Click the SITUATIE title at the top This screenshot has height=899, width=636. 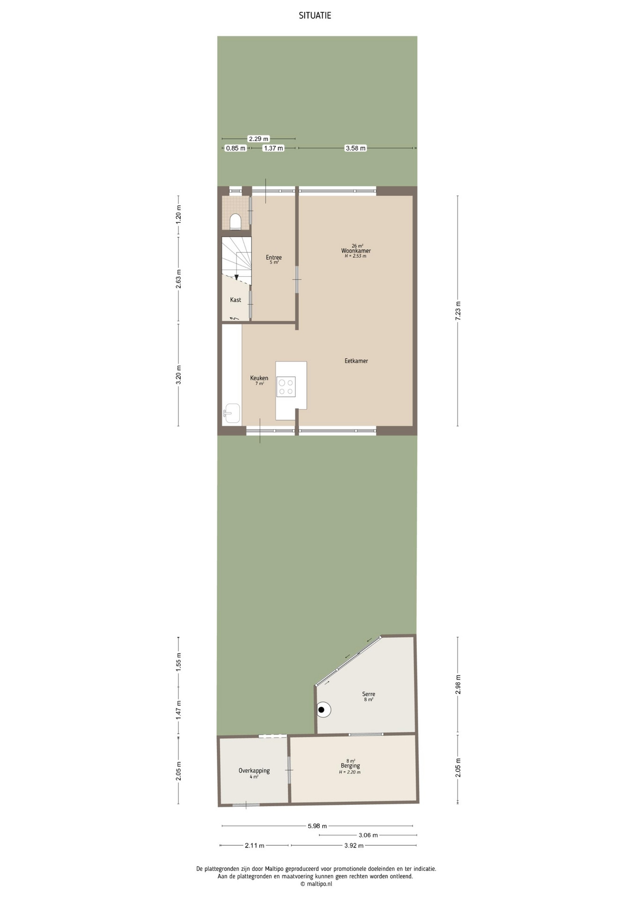pyautogui.click(x=315, y=16)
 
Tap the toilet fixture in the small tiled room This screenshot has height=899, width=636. pyautogui.click(x=236, y=222)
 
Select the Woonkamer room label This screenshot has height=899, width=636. pyautogui.click(x=356, y=251)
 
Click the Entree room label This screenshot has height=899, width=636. pyautogui.click(x=274, y=258)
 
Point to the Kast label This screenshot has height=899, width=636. pyautogui.click(x=236, y=300)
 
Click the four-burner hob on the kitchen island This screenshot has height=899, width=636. pyautogui.click(x=286, y=387)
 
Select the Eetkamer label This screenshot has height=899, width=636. pyautogui.click(x=356, y=361)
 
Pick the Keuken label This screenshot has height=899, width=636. pyautogui.click(x=259, y=378)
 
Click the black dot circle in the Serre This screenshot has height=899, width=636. pyautogui.click(x=322, y=710)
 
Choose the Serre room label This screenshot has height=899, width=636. pyautogui.click(x=369, y=694)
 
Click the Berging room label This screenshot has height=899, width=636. pyautogui.click(x=350, y=766)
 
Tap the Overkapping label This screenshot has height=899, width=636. pyautogui.click(x=254, y=770)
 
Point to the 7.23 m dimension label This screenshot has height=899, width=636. pyautogui.click(x=458, y=310)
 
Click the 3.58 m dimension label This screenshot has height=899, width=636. pyautogui.click(x=355, y=148)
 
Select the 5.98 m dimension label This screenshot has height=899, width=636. pyautogui.click(x=317, y=826)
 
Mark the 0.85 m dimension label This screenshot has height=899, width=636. pyautogui.click(x=236, y=148)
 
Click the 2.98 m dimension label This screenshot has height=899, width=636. pyautogui.click(x=458, y=684)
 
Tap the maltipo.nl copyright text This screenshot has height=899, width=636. pyautogui.click(x=316, y=884)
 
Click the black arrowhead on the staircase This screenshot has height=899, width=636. pyautogui.click(x=237, y=278)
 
